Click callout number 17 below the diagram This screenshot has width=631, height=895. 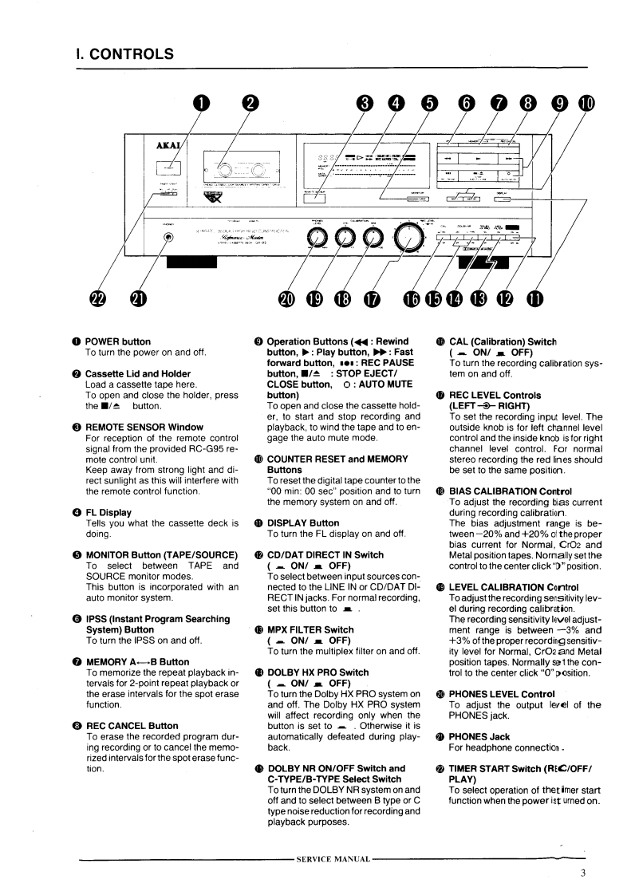pyautogui.click(x=373, y=298)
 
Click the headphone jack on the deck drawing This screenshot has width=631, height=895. pyautogui.click(x=168, y=237)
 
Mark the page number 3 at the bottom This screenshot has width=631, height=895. pyautogui.click(x=583, y=872)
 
